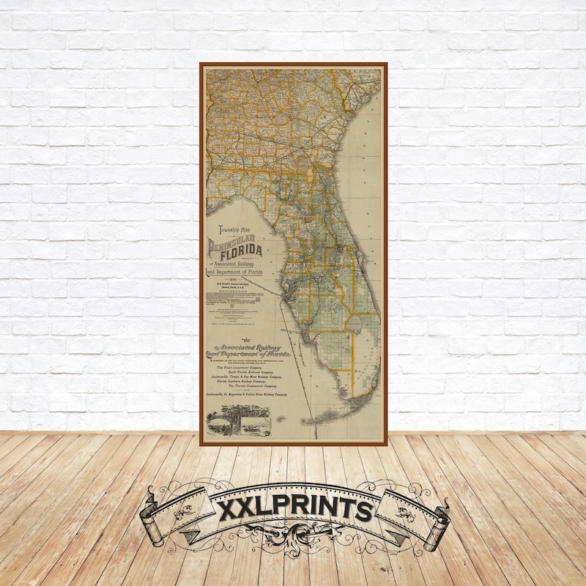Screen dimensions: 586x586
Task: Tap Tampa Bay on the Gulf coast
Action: (291, 287)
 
